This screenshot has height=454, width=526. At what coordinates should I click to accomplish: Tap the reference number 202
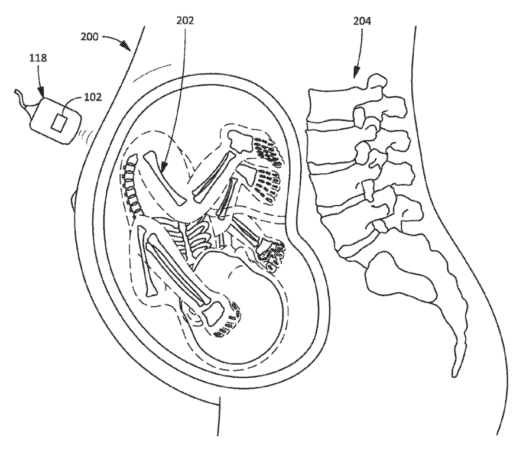pyautogui.click(x=185, y=20)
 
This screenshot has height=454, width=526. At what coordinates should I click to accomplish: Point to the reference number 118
pyautogui.click(x=39, y=58)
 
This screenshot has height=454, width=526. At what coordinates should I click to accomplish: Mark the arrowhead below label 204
pyautogui.click(x=356, y=74)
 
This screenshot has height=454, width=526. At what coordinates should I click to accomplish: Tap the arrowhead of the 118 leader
pyautogui.click(x=41, y=93)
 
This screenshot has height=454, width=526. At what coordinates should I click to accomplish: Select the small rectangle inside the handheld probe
pyautogui.click(x=60, y=122)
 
